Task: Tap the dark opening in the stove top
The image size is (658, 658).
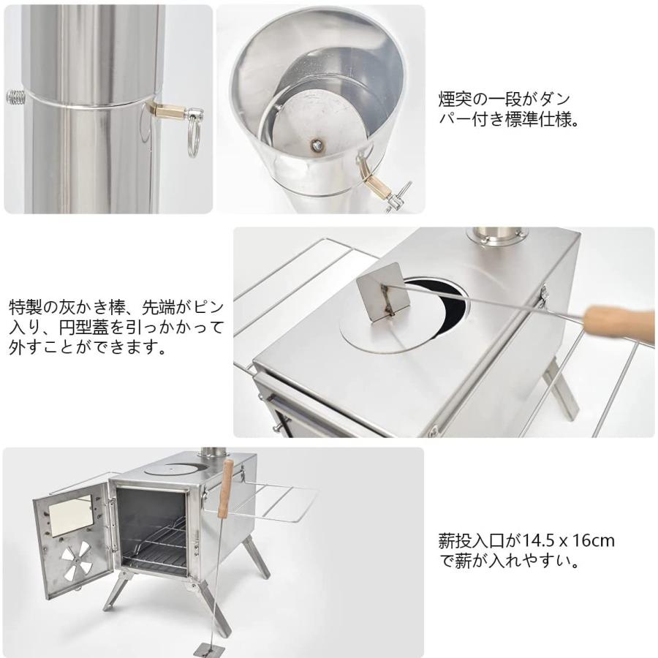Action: (439, 300)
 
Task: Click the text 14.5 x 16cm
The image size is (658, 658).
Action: (567, 542)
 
